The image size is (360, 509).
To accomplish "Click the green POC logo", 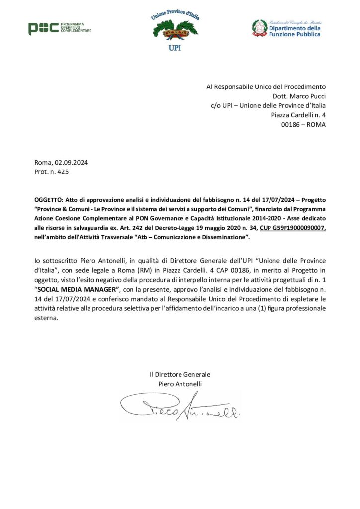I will [43, 29].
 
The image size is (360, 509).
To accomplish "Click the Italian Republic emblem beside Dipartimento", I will [259, 28].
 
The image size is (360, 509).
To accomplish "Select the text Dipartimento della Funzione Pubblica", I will [294, 32].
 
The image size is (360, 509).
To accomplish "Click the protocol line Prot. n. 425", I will [52, 172].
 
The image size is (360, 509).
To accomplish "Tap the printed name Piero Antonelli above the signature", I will [180, 384].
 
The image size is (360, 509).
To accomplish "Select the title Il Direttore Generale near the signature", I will [180, 374].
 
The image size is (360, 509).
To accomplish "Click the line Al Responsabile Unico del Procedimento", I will [266, 87].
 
